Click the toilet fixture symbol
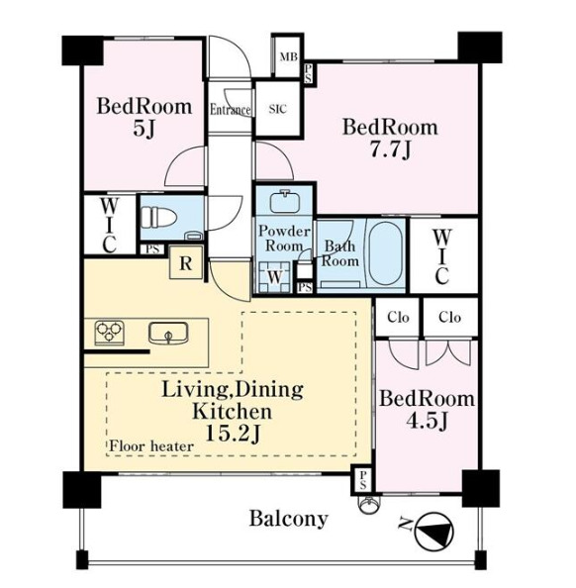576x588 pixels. coord(159,218)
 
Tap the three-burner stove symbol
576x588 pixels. coord(110,333)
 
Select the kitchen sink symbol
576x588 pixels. coord(168,333)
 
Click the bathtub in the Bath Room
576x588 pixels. coord(386,253)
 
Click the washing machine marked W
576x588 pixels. coord(274,277)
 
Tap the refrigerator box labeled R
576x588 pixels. coord(186,263)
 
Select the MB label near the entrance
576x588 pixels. coord(289,57)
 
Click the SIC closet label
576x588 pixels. coord(278,109)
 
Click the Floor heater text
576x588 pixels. coord(151,446)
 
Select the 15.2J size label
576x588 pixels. coord(233,435)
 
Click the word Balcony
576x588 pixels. coord(289,520)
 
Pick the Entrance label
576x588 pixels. coord(230,110)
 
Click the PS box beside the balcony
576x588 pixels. coord(362,480)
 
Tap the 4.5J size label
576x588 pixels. coord(428,422)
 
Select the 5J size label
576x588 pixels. coord(144,130)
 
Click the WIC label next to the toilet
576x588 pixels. coord(110,226)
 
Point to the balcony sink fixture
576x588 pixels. coord(368,505)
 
